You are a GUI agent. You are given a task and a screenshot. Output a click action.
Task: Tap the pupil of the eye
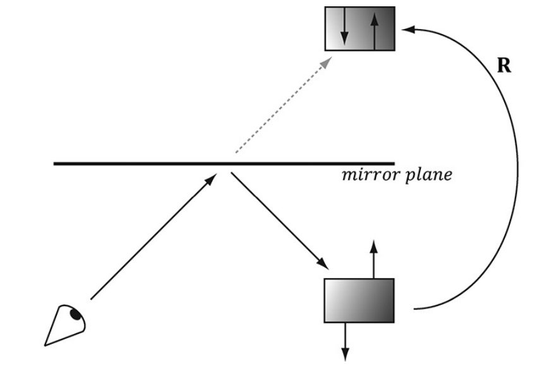(x=76, y=313)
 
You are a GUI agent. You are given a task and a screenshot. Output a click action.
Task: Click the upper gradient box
(x=360, y=29)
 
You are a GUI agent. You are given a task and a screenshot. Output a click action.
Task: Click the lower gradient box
(x=359, y=301)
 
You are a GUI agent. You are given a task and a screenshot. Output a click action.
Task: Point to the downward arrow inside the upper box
(x=344, y=29)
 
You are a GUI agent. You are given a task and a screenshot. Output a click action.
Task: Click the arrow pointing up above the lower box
(x=374, y=259)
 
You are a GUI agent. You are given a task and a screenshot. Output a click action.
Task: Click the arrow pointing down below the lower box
(x=345, y=341)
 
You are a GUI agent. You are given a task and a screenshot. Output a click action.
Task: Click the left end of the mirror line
(x=56, y=164)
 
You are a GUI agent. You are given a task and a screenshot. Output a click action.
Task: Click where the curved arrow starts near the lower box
(x=415, y=309)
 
